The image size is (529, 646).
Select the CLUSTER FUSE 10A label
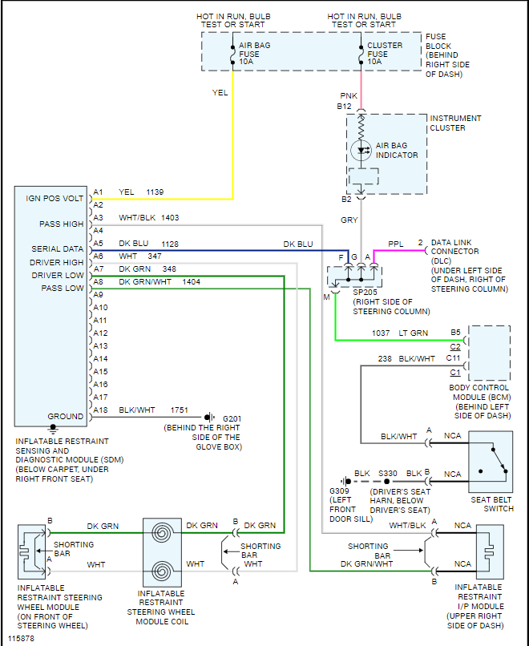[386, 54]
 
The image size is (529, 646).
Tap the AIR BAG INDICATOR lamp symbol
[361, 150]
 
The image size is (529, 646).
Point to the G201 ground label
[232, 418]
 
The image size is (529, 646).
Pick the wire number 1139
[155, 192]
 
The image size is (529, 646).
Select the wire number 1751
[180, 410]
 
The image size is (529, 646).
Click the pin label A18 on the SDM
[100, 410]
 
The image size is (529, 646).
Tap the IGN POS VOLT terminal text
[55, 199]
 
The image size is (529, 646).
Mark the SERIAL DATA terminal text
[58, 249]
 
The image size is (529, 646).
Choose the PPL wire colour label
[396, 244]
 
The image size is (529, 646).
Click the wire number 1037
[382, 333]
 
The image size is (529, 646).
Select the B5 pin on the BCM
[455, 332]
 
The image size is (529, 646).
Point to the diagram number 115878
[22, 639]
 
